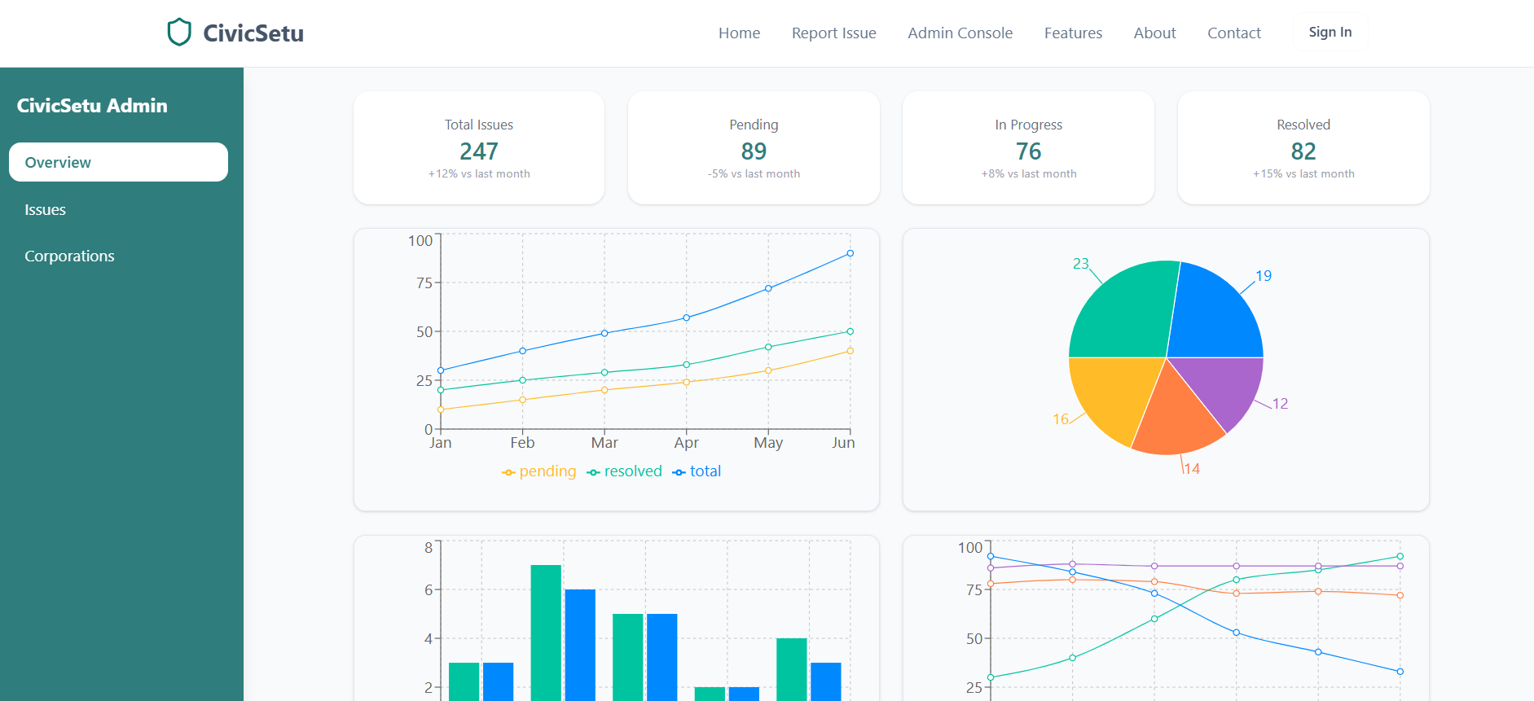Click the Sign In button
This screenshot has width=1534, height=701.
coord(1330,33)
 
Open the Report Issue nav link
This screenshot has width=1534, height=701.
coord(833,33)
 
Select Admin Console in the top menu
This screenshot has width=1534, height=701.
coord(960,33)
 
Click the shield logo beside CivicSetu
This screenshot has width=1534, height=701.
coord(179,33)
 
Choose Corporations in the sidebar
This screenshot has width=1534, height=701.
coord(69,256)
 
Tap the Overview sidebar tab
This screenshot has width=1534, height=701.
coord(118,162)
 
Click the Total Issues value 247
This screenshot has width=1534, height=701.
coord(479,151)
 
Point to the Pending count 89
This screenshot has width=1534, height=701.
coord(754,151)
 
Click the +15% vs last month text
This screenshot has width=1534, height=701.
coord(1303,174)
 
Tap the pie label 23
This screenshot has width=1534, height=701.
coord(1080,264)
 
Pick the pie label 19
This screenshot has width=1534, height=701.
coord(1264,276)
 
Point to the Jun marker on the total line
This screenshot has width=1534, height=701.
coord(850,253)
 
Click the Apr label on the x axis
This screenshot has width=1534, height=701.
coord(686,443)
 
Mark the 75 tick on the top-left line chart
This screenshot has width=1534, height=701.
coord(424,283)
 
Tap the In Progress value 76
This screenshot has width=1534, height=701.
coord(1028,151)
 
